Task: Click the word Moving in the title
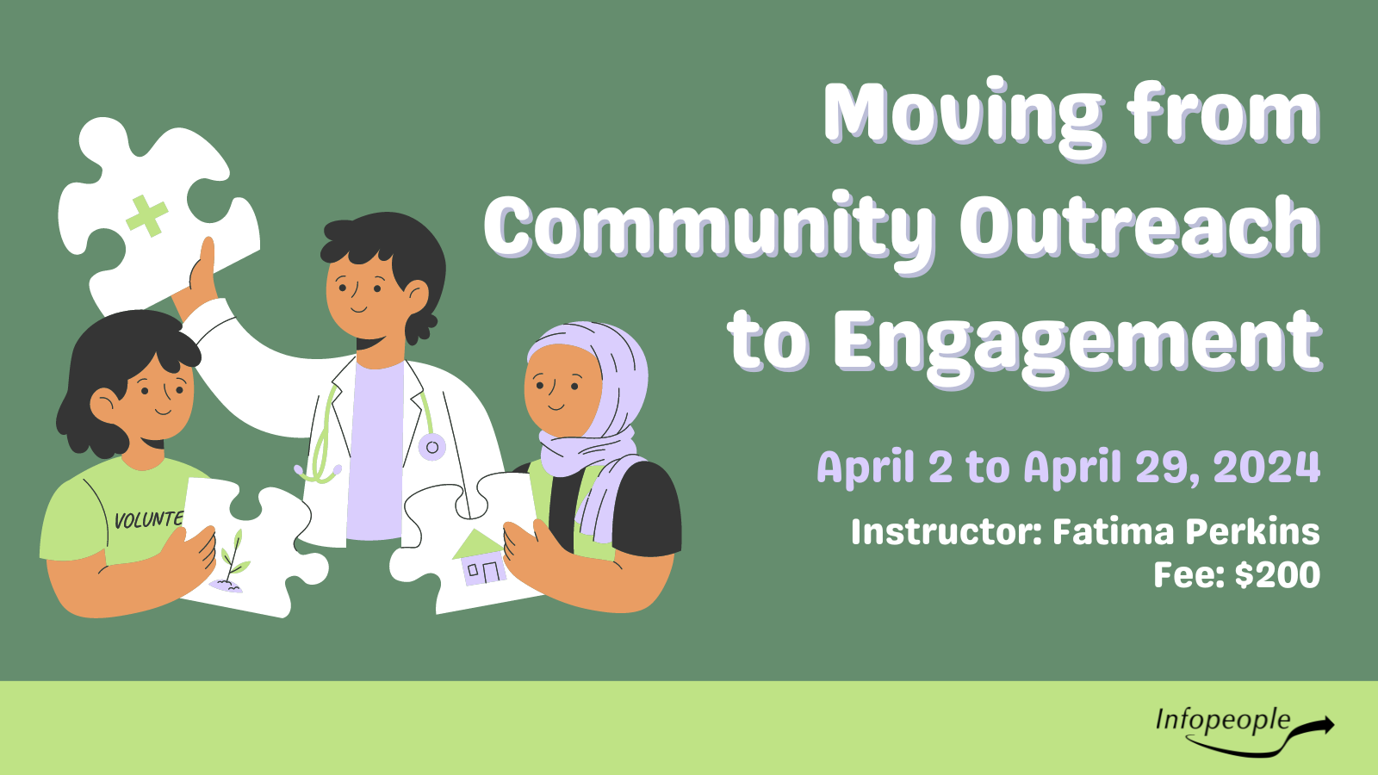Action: (x=964, y=118)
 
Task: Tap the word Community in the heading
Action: (x=710, y=230)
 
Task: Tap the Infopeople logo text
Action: (x=1222, y=720)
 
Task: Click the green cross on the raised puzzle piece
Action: (x=147, y=215)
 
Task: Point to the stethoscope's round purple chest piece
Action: (x=431, y=447)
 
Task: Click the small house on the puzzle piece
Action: (x=479, y=557)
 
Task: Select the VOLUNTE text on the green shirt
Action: (x=148, y=520)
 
